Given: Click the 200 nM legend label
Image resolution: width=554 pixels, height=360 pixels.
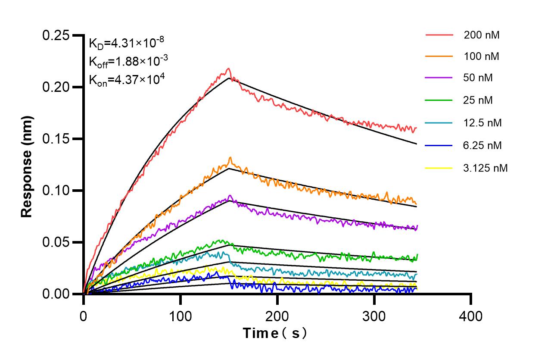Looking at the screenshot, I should click(482, 35).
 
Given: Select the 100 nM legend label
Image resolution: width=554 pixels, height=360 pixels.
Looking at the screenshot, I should click(482, 56).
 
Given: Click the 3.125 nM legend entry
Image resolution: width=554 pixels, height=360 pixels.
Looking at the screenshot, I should click(486, 168).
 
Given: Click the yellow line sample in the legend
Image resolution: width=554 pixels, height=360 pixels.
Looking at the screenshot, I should click(439, 168).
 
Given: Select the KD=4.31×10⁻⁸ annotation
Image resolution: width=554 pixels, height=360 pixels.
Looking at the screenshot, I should click(126, 43).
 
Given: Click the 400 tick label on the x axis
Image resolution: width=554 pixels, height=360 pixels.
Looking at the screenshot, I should click(471, 316).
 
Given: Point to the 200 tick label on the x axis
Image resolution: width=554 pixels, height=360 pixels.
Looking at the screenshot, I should click(277, 316).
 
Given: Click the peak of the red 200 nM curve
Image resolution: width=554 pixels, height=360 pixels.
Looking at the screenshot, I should click(229, 69).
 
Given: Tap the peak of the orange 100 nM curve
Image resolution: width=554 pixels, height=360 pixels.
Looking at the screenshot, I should click(230, 157).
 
